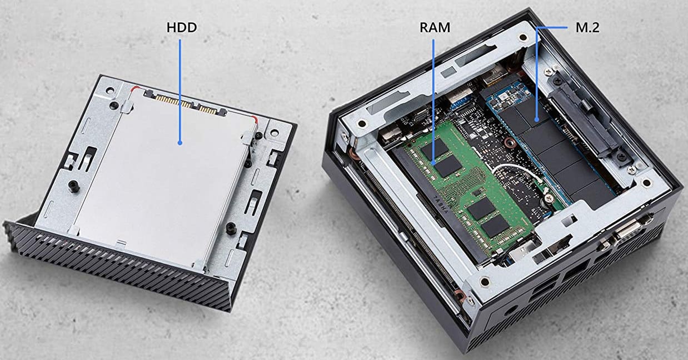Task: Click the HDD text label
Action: click(182, 27)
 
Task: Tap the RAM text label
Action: click(435, 27)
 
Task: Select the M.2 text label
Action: click(587, 28)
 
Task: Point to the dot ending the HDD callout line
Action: click(180, 143)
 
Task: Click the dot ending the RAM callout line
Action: click(433, 162)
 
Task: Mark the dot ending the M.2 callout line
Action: click(537, 119)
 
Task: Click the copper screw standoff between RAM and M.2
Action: click(510, 142)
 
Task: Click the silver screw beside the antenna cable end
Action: click(547, 199)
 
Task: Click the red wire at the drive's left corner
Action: click(136, 88)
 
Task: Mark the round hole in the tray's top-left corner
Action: click(108, 91)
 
